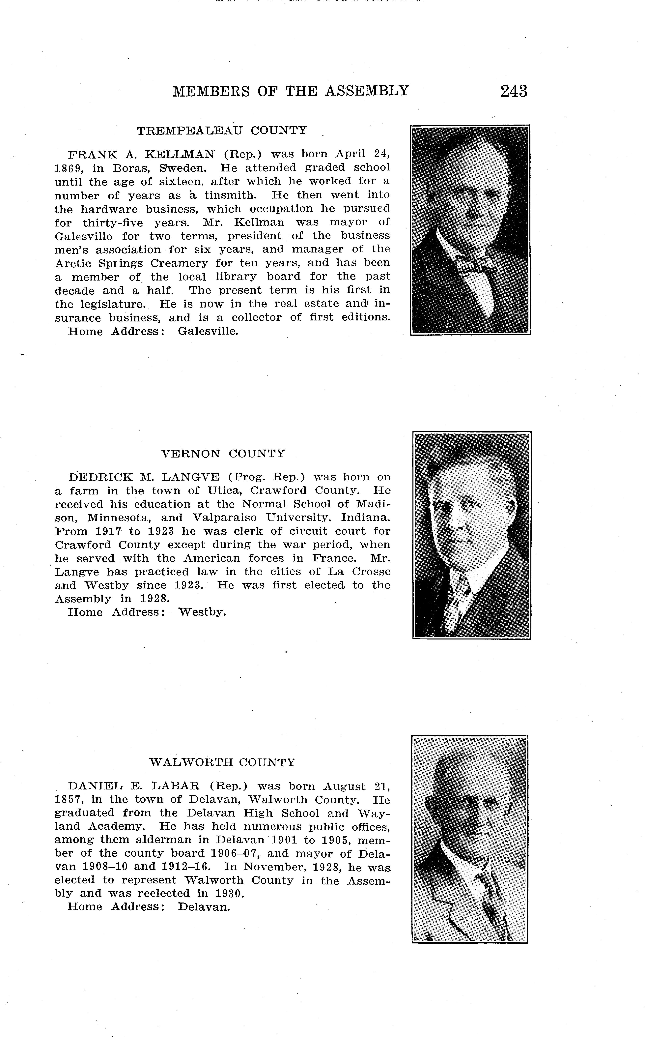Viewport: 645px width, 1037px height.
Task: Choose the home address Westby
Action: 202,612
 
